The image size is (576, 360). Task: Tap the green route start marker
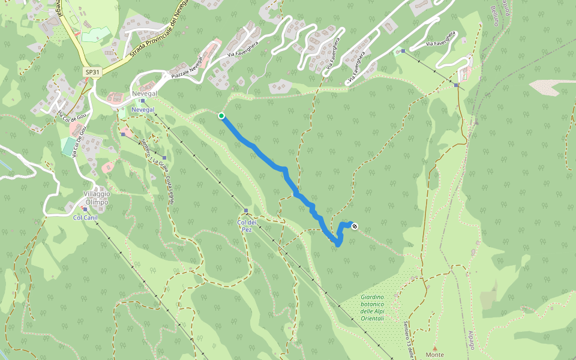(221, 116)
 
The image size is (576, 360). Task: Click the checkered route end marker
(355, 226)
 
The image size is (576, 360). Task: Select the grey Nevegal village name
(144, 95)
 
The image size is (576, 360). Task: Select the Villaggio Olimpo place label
(96, 198)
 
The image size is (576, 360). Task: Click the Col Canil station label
(85, 218)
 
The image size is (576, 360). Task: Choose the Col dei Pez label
(242, 226)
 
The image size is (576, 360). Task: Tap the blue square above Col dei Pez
(246, 211)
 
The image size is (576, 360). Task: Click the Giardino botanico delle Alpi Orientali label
(372, 307)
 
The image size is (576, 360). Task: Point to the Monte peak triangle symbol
(434, 347)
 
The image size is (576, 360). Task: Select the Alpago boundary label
(471, 340)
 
